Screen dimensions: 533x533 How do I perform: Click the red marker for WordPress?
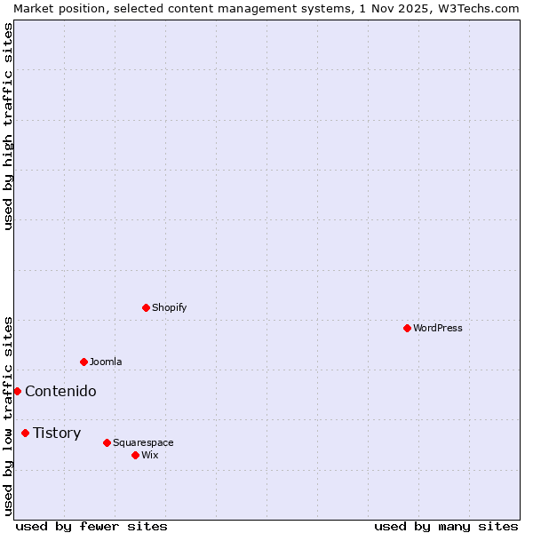[x=407, y=328]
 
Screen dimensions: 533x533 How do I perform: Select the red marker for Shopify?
[x=146, y=307]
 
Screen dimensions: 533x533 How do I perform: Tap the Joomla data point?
[x=84, y=362]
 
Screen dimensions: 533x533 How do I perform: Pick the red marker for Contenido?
[x=17, y=391]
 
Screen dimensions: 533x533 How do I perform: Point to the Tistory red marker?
[x=25, y=433]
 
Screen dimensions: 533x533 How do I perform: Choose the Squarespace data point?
[x=107, y=442]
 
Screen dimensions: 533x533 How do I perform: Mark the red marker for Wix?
[x=135, y=455]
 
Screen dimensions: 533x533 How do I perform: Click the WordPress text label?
[x=438, y=328]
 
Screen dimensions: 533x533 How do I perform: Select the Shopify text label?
[x=169, y=307]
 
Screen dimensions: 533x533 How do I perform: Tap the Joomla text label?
[x=106, y=362]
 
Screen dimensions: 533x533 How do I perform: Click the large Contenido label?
[x=60, y=391]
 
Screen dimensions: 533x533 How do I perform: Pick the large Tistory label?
[x=57, y=433]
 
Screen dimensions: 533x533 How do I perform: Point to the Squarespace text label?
[x=143, y=442]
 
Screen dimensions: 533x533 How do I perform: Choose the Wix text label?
[x=149, y=455]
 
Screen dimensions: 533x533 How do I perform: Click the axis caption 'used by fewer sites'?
[x=91, y=526]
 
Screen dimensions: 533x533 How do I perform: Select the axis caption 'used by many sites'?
[x=446, y=526]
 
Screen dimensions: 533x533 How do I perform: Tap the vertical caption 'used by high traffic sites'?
[x=8, y=126]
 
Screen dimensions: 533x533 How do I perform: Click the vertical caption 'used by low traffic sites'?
[x=8, y=415]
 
